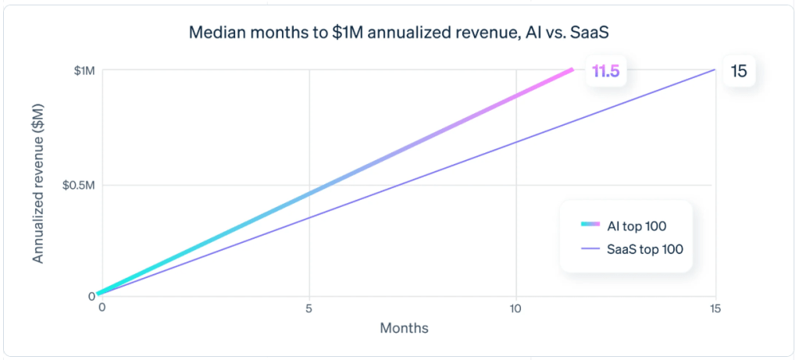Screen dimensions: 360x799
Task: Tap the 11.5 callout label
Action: (605, 72)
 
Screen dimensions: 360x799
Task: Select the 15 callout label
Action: (739, 71)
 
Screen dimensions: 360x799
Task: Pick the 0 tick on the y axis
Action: (91, 296)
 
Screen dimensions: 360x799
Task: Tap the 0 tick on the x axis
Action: (102, 308)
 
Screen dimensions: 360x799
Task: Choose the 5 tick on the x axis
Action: (309, 308)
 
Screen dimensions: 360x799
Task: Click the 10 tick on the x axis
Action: (515, 308)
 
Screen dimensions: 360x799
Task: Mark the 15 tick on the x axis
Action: (715, 308)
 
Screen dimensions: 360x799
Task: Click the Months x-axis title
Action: (404, 328)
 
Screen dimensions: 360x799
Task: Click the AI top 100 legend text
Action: (637, 226)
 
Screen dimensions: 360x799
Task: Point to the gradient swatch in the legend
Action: (590, 226)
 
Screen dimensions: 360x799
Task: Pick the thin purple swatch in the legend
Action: (590, 250)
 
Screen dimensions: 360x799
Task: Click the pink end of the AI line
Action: (570, 70)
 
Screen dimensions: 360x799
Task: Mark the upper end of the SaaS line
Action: (713, 70)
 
